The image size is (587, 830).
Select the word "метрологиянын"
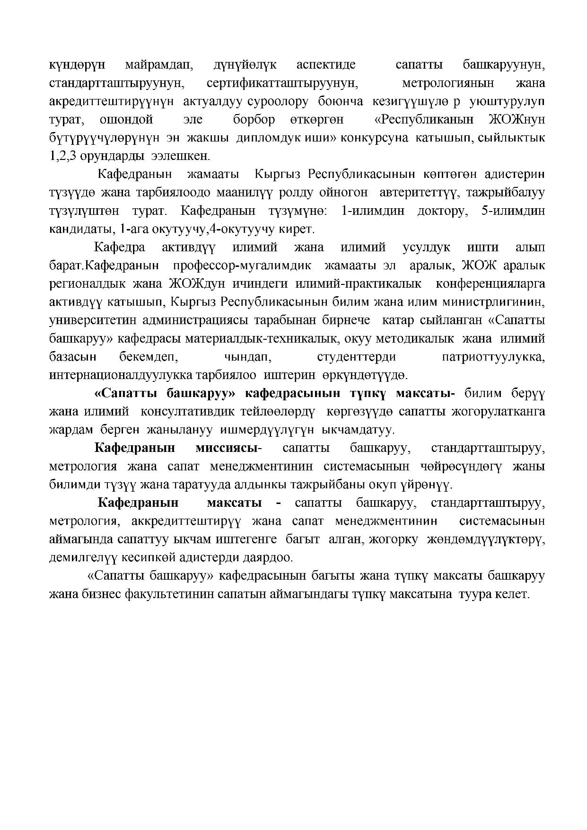tap(447, 83)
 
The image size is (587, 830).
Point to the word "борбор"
tap(254, 120)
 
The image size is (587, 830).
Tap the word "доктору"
tap(442, 211)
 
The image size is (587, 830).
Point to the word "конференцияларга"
tap(490, 284)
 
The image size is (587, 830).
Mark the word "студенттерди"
tap(356, 357)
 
